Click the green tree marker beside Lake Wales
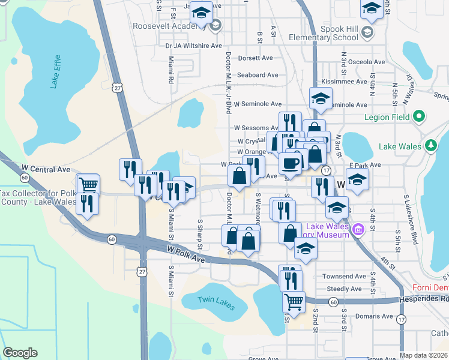point(430,145)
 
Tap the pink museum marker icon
point(358,229)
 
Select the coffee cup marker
point(291,163)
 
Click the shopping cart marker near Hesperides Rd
point(293,301)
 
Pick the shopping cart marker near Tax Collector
point(88,184)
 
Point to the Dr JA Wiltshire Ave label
point(193,45)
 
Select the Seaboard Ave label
point(258,75)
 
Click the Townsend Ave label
point(344,277)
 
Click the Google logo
point(20,353)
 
